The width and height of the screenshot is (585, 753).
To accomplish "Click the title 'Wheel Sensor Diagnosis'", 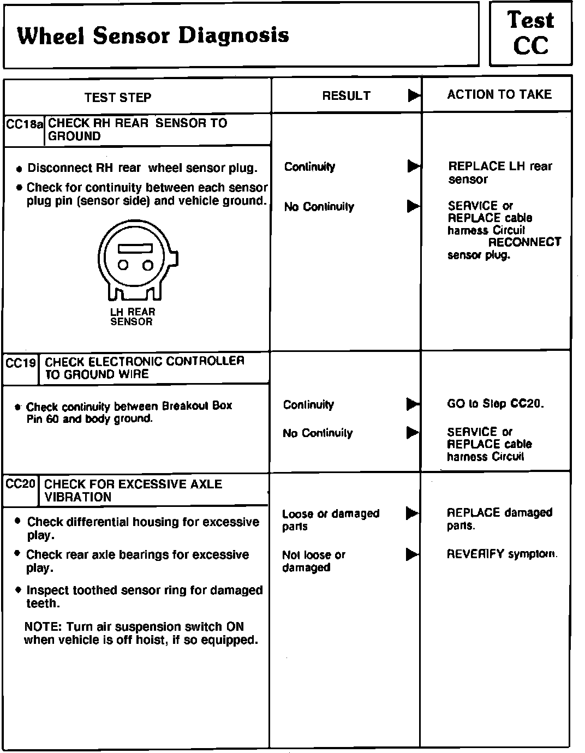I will point(153,36).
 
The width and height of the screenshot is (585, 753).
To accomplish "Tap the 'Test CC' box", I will point(530,34).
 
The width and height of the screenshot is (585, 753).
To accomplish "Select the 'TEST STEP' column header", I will point(118,98).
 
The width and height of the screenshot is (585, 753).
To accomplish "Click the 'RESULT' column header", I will point(346,96).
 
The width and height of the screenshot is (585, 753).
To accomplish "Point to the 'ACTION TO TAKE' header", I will point(499,95).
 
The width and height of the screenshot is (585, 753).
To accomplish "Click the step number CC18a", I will point(24,124).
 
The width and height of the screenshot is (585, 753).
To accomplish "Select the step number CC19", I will point(21,363).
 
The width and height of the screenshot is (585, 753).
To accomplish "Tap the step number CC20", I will point(21,484).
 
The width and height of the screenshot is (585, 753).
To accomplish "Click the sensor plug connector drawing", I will point(136,262).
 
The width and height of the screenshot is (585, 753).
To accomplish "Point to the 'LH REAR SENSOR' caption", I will point(133,316).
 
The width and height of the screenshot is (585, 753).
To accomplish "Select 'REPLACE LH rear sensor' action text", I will point(499,172).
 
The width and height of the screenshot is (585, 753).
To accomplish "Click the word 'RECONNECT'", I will point(524,242).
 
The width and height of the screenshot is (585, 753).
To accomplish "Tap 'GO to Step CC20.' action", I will point(495,404).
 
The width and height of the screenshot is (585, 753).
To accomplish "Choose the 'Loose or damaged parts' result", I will point(330,519).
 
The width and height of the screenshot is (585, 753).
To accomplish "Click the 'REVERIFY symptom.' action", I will point(502,554).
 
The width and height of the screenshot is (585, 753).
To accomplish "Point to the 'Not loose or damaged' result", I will point(314,561).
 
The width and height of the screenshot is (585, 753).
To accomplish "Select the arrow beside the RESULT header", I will point(414,96).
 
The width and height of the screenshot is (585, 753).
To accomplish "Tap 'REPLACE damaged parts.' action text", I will point(499,518).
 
